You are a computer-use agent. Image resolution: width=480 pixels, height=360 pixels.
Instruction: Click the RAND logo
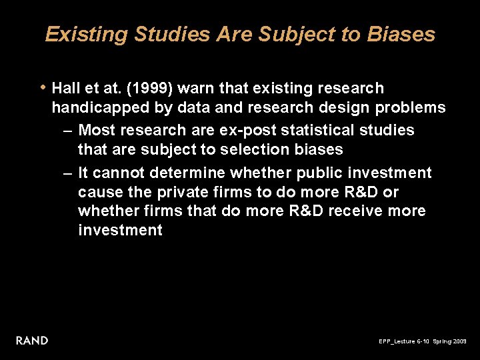(x=32, y=341)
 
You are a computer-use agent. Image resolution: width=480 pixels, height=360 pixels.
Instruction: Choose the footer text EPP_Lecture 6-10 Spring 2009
(x=423, y=341)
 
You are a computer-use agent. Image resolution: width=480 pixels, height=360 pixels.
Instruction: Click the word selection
(x=252, y=149)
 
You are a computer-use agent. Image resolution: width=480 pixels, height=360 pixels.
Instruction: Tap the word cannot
(x=119, y=173)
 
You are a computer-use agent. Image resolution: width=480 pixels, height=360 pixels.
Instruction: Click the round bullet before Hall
(x=43, y=87)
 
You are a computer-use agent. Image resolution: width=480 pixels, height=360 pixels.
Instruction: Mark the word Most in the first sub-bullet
(x=96, y=131)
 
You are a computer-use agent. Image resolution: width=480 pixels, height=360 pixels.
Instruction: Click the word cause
(x=99, y=192)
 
